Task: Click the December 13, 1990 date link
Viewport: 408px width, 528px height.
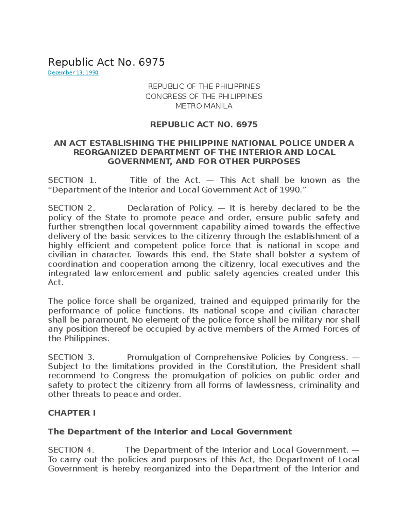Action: (x=73, y=72)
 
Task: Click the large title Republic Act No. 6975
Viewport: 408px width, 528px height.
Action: (x=106, y=62)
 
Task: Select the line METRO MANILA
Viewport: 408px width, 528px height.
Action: (x=204, y=106)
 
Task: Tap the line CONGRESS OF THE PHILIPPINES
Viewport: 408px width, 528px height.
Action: (x=204, y=97)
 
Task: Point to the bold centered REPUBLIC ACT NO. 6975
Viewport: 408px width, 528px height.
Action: (x=204, y=124)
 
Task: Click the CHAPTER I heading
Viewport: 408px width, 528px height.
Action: (x=72, y=413)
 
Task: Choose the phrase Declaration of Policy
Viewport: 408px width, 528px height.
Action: (x=170, y=208)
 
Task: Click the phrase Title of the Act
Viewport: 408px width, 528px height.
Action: (x=165, y=180)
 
